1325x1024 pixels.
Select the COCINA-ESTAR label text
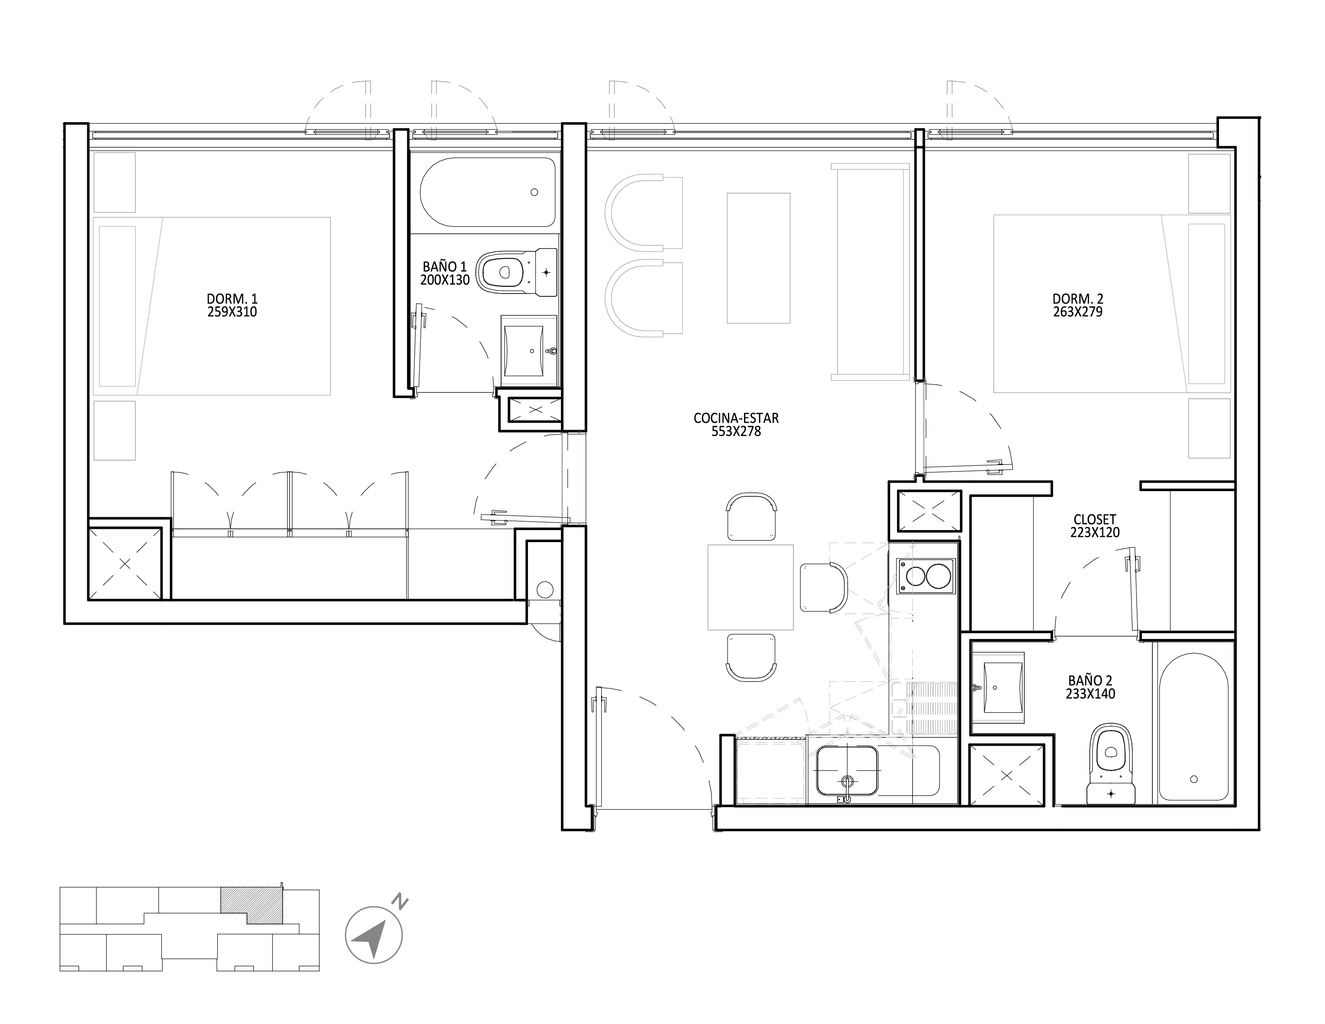point(736,418)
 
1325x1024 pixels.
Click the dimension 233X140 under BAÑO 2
point(1090,694)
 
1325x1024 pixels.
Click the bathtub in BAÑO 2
point(1193,727)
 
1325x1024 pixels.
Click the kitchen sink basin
point(847,771)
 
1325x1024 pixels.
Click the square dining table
point(750,587)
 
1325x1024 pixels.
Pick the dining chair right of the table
point(825,587)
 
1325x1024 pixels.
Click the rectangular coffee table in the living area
point(758,258)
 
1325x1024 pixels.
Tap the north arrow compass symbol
point(374,935)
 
